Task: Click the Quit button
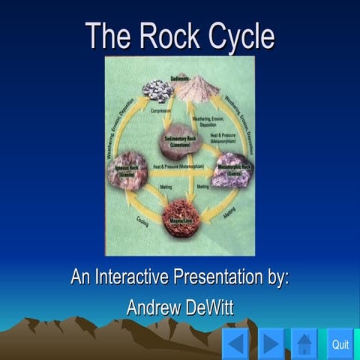[340, 344]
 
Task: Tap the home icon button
[304, 344]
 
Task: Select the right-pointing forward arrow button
[271, 344]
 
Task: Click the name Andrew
[153, 306]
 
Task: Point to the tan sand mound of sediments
[197, 90]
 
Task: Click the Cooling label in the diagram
[142, 222]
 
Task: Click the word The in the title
[104, 35]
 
